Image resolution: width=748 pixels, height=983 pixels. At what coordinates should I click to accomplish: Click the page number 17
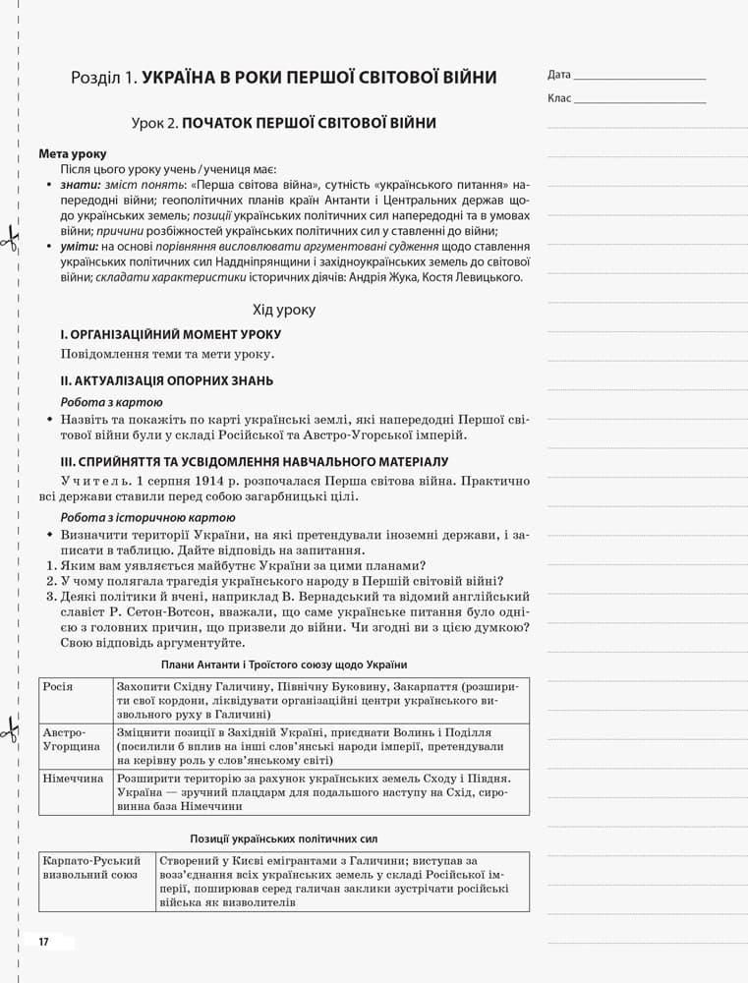coord(43,942)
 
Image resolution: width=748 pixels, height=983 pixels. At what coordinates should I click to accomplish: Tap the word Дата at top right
coord(558,75)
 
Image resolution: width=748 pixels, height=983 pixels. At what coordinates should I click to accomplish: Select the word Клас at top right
coord(558,98)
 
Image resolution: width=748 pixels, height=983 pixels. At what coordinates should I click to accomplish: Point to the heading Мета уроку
coord(73,154)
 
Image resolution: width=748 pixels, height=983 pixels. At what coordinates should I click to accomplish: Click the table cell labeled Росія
coord(58,686)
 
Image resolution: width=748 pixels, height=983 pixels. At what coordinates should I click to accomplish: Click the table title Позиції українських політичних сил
coord(284,838)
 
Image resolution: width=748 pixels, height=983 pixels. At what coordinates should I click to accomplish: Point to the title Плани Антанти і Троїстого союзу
coord(284,665)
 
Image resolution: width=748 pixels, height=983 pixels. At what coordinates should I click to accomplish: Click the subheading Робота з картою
coord(112,402)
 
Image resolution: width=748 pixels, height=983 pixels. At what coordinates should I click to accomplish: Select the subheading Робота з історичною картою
coord(148,517)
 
